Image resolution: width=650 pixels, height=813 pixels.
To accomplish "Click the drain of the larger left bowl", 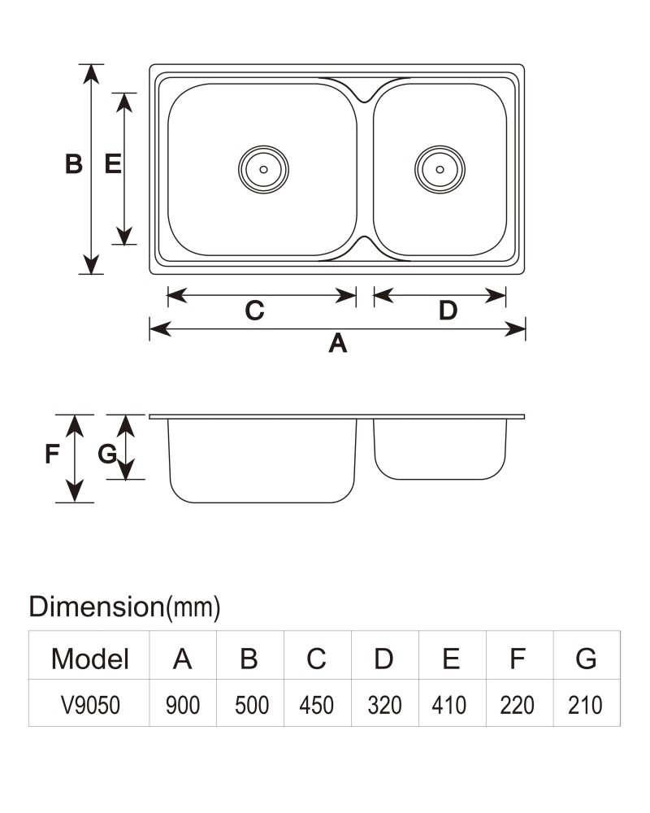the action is pos(263,170).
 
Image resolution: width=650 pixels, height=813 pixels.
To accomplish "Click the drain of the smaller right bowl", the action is pos(440,170).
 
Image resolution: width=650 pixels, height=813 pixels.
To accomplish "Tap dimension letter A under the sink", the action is pos(337,343).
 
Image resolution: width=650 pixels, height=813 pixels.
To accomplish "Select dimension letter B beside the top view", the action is pos(74,164).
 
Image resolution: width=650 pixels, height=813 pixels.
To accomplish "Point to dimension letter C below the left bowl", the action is pos(254,311).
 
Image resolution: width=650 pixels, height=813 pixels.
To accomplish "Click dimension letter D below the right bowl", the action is pos(448,311).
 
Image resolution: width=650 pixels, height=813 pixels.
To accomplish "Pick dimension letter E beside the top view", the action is pos(112,164).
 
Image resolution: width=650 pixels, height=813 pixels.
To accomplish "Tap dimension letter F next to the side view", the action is pos(52,454).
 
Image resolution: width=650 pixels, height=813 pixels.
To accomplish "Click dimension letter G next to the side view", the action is pos(107,454).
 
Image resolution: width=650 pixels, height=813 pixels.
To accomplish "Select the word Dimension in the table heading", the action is pos(97,606).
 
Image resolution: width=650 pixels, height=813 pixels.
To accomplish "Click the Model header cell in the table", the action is pos(89,659).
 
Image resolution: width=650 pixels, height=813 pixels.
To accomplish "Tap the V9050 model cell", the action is pos(90,705).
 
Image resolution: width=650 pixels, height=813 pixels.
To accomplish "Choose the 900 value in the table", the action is pos(183,705).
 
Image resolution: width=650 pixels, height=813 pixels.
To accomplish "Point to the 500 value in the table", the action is pos(251,705).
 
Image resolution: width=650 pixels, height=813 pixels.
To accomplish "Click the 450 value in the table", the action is pos(316,705).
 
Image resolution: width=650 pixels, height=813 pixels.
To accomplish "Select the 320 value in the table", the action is pos(384,705).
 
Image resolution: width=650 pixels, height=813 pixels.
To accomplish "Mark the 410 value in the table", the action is pos(448,705).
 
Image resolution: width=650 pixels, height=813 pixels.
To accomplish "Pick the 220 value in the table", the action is pos(517,705).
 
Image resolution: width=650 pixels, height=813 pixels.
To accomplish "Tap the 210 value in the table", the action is pos(585,705).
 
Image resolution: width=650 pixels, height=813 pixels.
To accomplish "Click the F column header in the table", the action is pos(518,659).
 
